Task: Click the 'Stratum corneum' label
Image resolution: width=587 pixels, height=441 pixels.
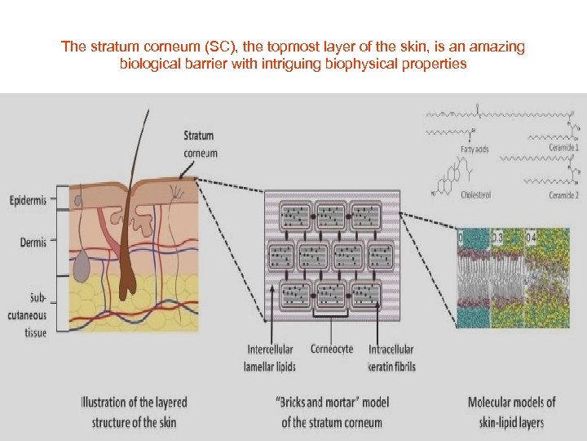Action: (x=200, y=144)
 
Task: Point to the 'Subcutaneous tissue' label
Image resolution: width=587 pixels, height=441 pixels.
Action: (x=28, y=314)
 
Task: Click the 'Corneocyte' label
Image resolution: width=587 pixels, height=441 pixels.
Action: (x=333, y=349)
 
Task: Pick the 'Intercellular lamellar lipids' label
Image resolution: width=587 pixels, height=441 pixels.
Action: (x=270, y=358)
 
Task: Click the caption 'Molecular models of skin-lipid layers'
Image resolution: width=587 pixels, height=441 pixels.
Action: (x=511, y=412)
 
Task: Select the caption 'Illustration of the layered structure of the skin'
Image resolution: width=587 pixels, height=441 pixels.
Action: (x=134, y=412)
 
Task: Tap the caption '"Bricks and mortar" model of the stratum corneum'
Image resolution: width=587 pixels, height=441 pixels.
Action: (x=332, y=412)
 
